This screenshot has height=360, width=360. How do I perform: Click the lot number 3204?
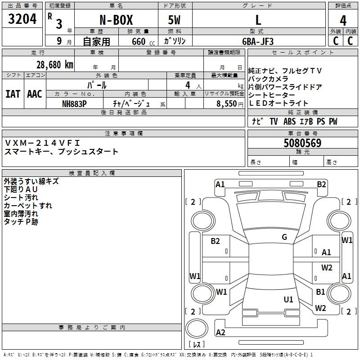pyautogui.click(x=22, y=20)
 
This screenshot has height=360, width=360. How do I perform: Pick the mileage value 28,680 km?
pyautogui.click(x=55, y=64)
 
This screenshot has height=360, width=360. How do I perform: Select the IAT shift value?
pyautogui.click(x=13, y=94)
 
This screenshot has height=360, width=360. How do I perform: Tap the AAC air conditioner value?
pyautogui.click(x=34, y=94)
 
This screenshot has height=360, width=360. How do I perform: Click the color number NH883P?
pyautogui.click(x=74, y=103)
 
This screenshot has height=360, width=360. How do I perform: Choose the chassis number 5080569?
pyautogui.click(x=302, y=144)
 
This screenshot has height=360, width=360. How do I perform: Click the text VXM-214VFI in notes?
pyautogui.click(x=43, y=143)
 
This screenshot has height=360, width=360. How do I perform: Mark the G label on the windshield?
pyautogui.click(x=284, y=237)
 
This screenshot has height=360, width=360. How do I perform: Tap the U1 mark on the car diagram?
pyautogui.click(x=288, y=299)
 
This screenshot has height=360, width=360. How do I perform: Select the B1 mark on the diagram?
pyautogui.click(x=320, y=292)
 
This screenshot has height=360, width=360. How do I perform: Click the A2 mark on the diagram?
pyautogui.click(x=220, y=332)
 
